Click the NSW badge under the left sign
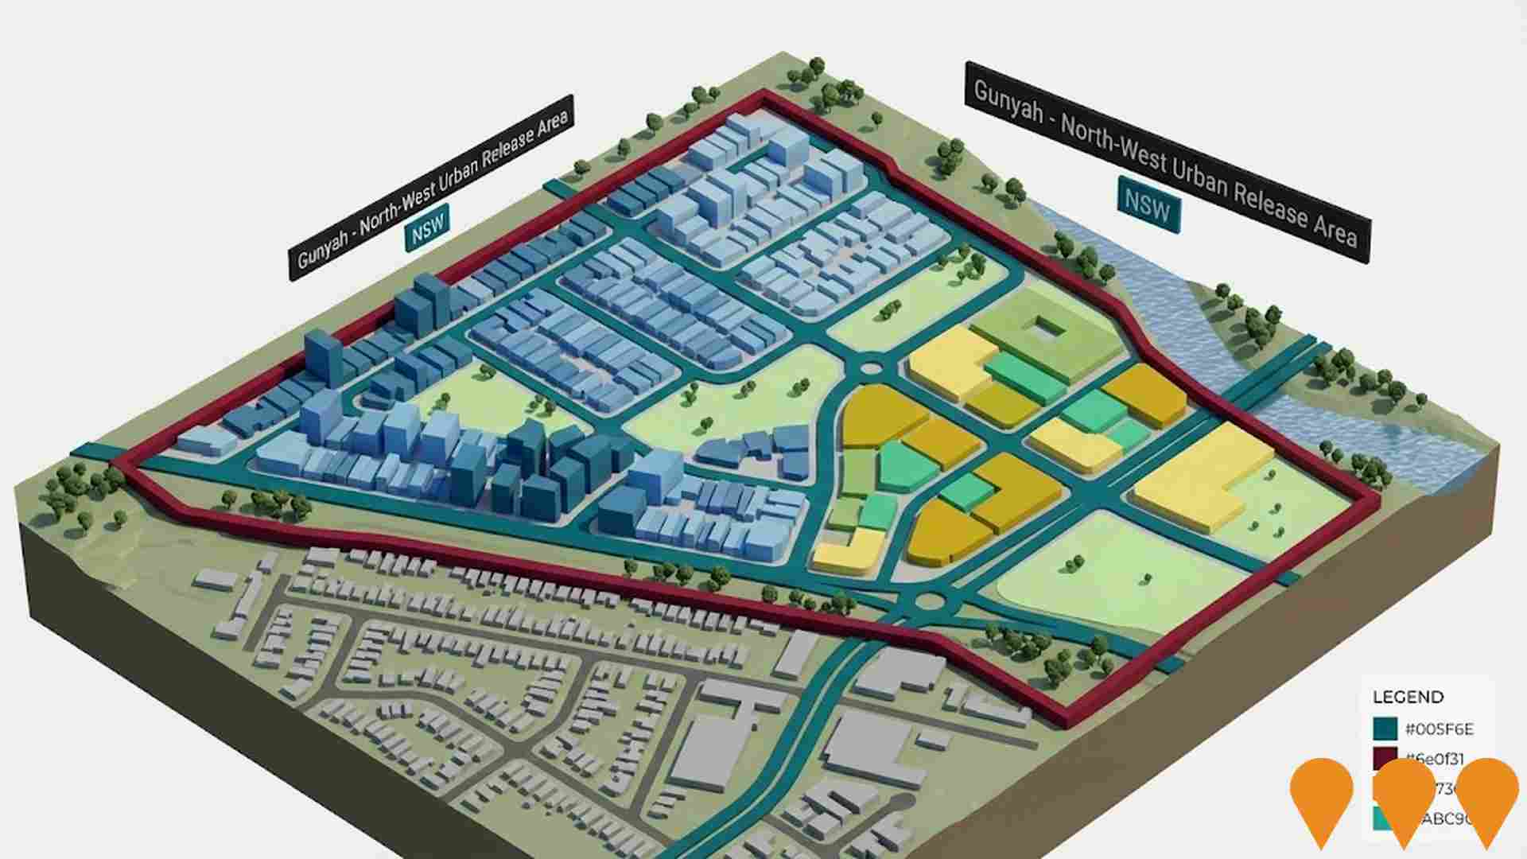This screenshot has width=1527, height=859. coord(428,227)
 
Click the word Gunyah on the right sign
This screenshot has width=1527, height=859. coord(1008,101)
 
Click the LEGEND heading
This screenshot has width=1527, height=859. coord(1408,698)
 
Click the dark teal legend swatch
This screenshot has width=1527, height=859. coord(1385,729)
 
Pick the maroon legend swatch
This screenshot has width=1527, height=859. coord(1385,759)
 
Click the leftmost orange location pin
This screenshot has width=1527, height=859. coord(1321,799)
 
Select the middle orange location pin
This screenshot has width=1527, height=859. coord(1404,799)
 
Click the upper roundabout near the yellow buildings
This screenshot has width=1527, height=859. coord(872,368)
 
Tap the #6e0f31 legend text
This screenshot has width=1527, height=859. coord(1436,759)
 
